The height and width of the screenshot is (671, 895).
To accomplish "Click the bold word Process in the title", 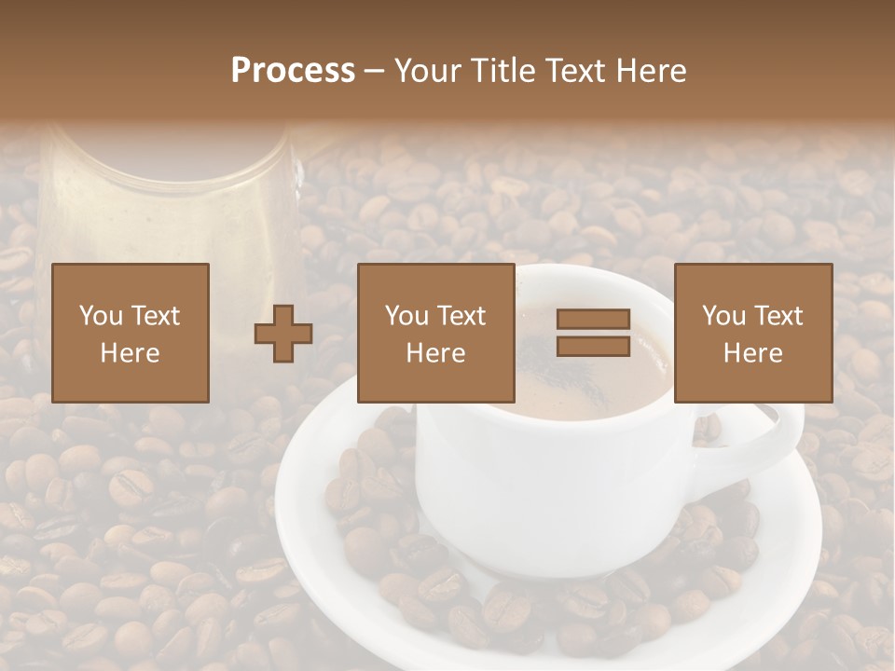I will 293,71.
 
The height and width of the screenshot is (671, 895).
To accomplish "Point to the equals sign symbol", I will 594,333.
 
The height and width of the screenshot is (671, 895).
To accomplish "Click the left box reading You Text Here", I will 131,333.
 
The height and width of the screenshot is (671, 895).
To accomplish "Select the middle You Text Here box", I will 436,333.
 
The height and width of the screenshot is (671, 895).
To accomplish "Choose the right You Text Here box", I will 753,333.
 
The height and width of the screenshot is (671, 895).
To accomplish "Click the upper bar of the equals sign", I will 594,319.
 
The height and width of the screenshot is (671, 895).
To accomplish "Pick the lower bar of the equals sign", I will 594,347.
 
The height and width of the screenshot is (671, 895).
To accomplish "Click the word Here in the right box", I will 753,353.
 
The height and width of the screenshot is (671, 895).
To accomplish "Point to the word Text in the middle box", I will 461,316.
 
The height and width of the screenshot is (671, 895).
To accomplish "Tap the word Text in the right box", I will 778,316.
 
